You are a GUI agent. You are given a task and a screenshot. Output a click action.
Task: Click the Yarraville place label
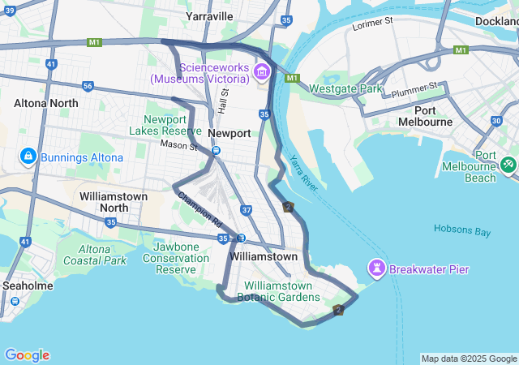(x=208, y=16)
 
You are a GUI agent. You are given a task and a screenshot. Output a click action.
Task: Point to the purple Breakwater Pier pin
(x=377, y=267)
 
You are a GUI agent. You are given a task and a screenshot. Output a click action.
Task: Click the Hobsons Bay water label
(x=462, y=231)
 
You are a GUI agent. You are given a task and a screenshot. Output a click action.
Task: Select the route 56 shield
(x=88, y=86)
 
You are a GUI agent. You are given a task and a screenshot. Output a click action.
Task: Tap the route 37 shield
(x=247, y=210)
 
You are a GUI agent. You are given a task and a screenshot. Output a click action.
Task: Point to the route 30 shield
(x=495, y=121)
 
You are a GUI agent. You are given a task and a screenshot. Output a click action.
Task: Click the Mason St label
(x=178, y=146)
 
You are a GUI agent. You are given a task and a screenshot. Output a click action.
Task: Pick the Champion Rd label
(x=199, y=208)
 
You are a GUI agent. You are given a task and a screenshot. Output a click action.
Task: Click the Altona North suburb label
(x=46, y=103)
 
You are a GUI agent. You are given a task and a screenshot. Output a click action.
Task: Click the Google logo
(x=27, y=355)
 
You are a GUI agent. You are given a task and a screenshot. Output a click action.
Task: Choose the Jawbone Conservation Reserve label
(x=176, y=258)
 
